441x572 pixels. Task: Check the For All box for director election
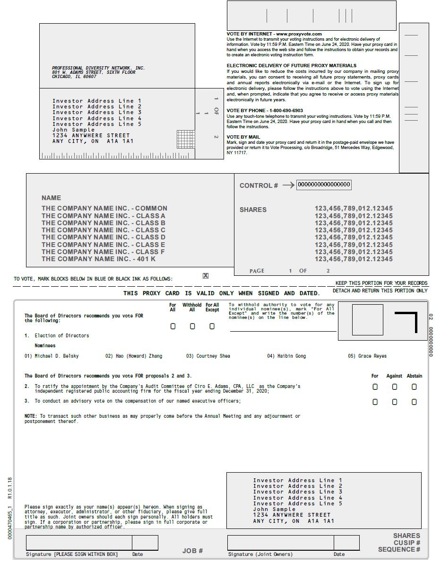click(173, 326)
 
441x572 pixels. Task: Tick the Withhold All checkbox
click(192, 326)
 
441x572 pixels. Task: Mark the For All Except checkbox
click(212, 326)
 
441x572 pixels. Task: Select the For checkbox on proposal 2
click(375, 387)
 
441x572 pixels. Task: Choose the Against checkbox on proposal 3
click(395, 402)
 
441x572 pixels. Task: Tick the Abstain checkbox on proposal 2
click(414, 387)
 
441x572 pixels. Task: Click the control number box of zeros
click(324, 185)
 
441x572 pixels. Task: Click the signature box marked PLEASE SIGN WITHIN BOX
click(79, 542)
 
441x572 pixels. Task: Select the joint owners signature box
click(280, 542)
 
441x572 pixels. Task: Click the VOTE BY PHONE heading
click(265, 111)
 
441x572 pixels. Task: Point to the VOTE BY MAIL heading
click(243, 137)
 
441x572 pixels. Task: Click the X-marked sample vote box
click(206, 276)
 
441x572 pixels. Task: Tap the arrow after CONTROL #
click(288, 185)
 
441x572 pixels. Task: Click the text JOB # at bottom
click(192, 551)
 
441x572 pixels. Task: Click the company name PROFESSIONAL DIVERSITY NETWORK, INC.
click(98, 68)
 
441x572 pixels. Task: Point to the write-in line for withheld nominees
click(283, 331)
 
